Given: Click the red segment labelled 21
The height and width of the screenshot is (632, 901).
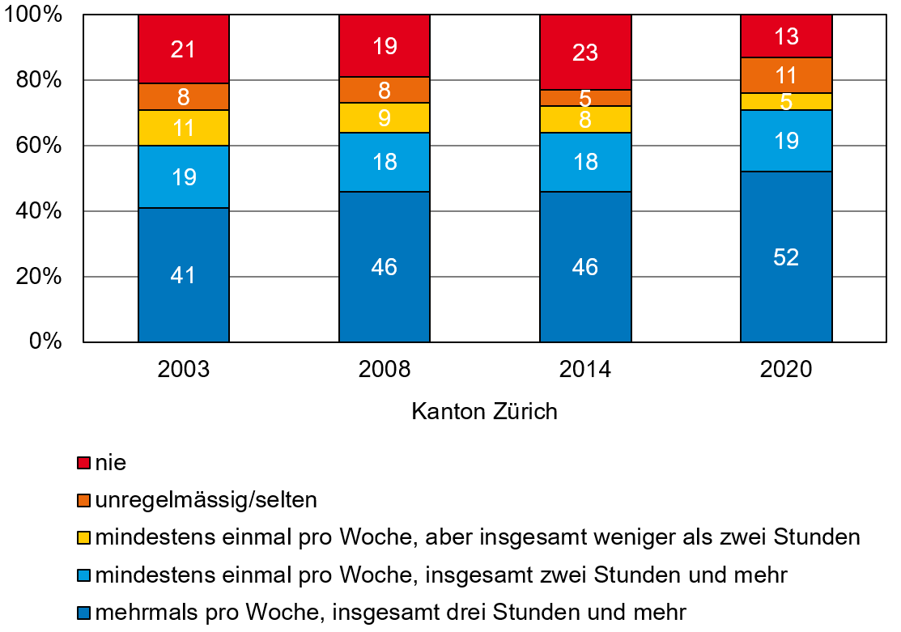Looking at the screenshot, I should [184, 49].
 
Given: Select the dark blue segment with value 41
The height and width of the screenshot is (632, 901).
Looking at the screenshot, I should [184, 274].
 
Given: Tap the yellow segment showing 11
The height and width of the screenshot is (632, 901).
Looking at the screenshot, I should [184, 128].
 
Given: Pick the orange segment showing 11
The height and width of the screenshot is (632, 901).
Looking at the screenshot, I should [786, 75].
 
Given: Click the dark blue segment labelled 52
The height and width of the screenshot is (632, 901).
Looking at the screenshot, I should [786, 257].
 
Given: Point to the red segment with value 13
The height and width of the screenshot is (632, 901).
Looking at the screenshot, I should [786, 36].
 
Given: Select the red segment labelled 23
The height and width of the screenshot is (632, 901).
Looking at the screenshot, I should [585, 53].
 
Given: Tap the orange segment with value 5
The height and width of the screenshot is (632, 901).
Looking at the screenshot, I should [585, 98].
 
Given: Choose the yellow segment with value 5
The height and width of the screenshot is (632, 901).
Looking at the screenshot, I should [786, 102].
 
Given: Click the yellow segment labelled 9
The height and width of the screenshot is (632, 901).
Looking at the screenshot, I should [385, 117].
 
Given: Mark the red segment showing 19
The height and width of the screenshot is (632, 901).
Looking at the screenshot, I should [385, 46].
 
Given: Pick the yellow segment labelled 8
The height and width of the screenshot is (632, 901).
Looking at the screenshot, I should [585, 120].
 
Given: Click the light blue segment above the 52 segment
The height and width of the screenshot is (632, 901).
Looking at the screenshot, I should [786, 141].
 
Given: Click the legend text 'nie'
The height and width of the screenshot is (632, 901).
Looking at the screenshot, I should [111, 463].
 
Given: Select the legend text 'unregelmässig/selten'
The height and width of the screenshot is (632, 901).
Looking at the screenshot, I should [206, 500].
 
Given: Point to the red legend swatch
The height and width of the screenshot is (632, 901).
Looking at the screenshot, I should [83, 463].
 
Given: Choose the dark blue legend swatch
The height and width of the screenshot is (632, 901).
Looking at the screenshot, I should [83, 612].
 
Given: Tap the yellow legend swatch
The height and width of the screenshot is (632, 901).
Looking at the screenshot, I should [83, 537].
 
